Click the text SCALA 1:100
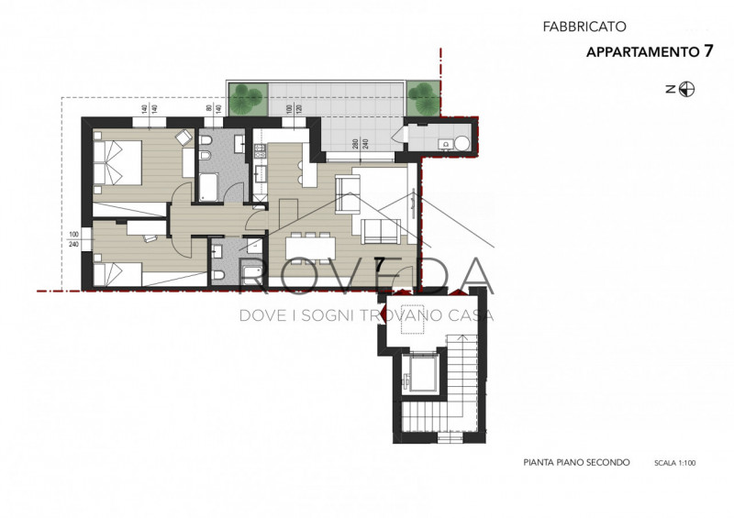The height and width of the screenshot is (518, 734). (x=675, y=464)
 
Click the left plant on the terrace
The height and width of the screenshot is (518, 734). (x=248, y=94)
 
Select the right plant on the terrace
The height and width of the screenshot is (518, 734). (x=421, y=95)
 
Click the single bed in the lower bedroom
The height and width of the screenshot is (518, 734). (x=117, y=271)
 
